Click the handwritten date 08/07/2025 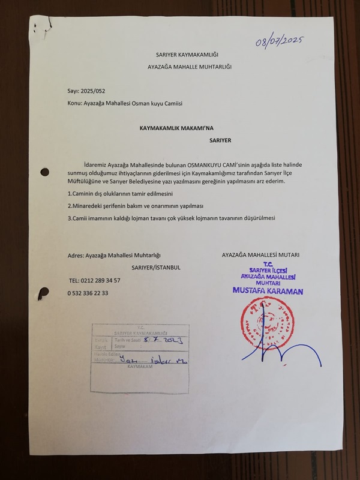click(280, 42)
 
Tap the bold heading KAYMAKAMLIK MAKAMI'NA click(176, 128)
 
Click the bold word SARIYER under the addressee click(220, 140)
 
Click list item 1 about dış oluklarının click(120, 194)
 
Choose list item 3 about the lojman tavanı click(172, 217)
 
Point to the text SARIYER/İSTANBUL click(156, 268)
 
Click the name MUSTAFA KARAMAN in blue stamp click(268, 292)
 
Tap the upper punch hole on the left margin click(44, 172)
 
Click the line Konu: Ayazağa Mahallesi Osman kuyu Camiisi click(125, 103)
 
